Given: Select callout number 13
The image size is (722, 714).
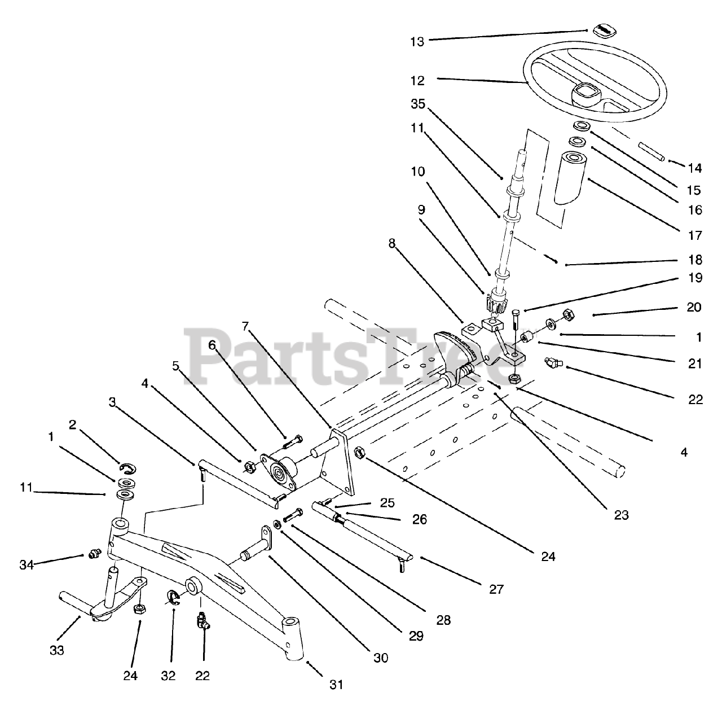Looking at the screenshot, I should [x=417, y=41].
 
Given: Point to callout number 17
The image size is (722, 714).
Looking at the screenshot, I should [x=695, y=235].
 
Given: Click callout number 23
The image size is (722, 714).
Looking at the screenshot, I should [x=621, y=515].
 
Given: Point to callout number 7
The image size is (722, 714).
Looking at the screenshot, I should [x=245, y=326].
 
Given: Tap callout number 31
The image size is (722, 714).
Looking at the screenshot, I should [x=336, y=685].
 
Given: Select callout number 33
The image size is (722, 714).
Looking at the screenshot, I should [x=56, y=650].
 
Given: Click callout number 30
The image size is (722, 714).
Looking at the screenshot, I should [x=381, y=658].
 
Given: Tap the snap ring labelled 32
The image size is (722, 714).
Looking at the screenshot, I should [x=175, y=597].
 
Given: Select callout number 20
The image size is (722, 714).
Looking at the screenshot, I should [x=694, y=307].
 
